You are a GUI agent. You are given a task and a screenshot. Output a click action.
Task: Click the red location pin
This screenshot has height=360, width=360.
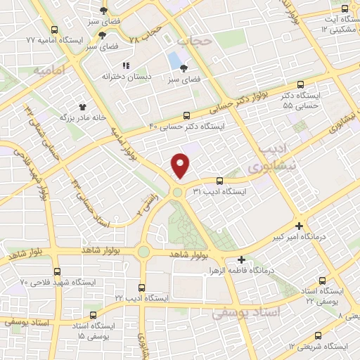pos(181,165)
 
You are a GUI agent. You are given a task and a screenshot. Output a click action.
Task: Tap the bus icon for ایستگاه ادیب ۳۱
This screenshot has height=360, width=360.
pos(219,180)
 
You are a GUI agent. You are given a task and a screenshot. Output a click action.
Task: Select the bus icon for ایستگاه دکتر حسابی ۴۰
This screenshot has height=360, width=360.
pos(186,115)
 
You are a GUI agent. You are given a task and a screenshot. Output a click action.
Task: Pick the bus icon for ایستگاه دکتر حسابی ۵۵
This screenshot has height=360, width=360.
pos(301,84)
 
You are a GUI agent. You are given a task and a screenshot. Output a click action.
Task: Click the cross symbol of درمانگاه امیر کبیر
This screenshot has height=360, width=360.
pos(300,226)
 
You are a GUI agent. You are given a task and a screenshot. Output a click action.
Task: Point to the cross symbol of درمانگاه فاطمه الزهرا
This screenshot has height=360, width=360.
pos(242,259)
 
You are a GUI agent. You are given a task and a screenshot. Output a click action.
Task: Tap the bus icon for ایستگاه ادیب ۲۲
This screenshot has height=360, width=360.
pos(143,288)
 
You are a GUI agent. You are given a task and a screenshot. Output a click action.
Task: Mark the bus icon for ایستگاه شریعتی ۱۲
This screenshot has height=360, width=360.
pos(318,335)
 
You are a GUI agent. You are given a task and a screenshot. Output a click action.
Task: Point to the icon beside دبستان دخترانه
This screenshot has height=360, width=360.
pos(126,65)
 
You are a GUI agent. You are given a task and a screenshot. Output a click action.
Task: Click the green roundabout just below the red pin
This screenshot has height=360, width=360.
pos(178,191)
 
